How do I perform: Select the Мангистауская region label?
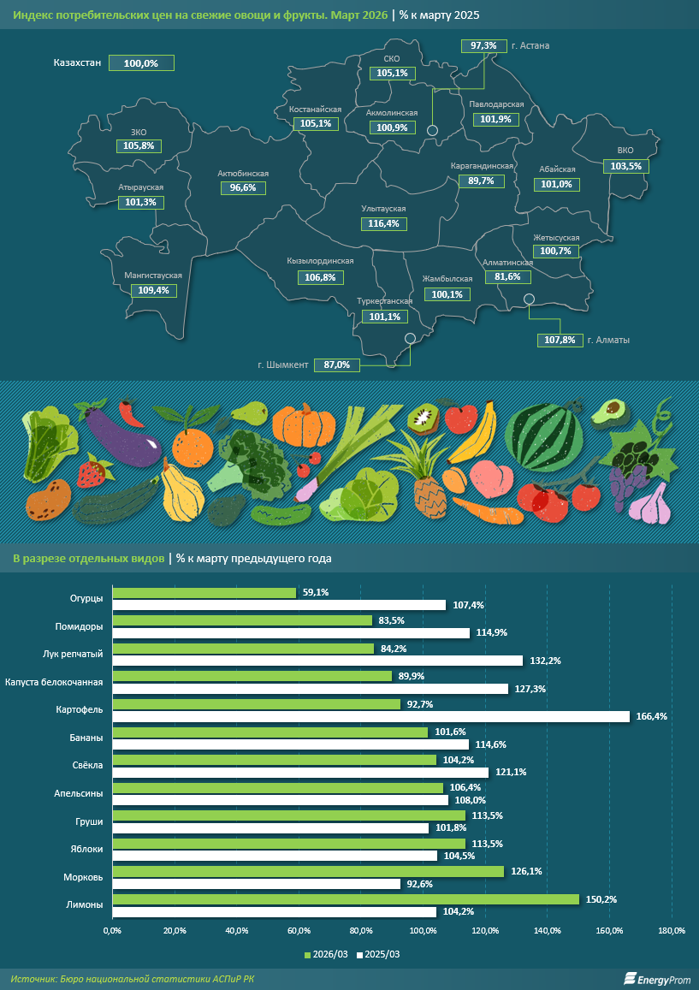coord(154,276)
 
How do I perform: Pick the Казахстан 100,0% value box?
coord(141,63)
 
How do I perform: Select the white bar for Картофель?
coord(370,716)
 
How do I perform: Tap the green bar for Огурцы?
coord(204,592)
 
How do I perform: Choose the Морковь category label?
coord(84,877)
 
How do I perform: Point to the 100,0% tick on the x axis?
coord(423,931)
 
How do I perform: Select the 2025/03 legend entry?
coord(378,954)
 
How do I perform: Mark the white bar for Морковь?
coord(256,884)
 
